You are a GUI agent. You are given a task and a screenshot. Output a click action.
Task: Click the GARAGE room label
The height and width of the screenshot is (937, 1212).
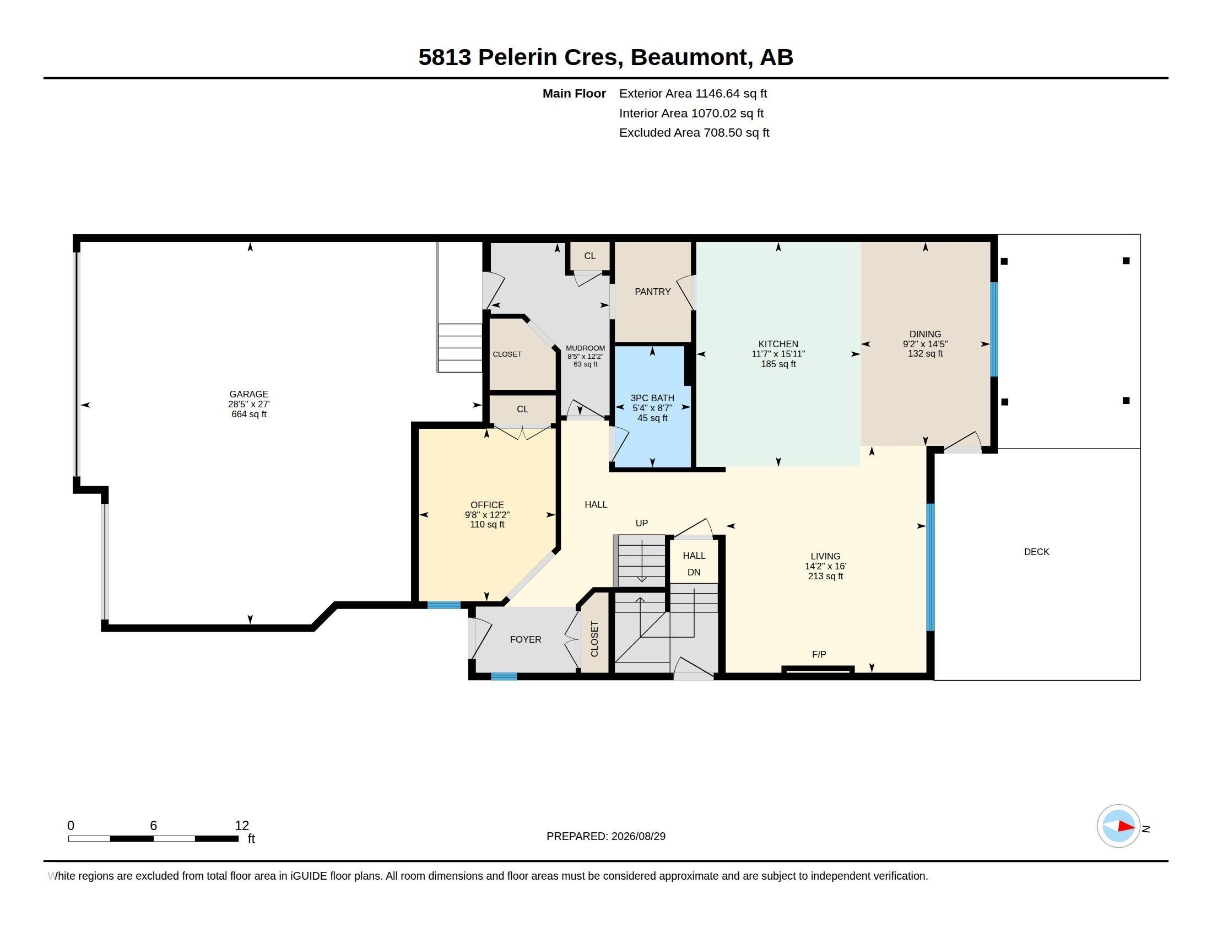[x=248, y=394]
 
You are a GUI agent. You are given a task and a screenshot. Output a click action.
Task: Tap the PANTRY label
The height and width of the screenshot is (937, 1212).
[x=653, y=292]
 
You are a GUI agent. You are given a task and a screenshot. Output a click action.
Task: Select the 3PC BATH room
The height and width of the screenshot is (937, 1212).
[x=653, y=407]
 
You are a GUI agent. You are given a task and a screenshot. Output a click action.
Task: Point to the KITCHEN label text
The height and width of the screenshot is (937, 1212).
[x=778, y=344]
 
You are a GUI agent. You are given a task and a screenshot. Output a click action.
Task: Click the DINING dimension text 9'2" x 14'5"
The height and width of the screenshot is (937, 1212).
[x=925, y=343]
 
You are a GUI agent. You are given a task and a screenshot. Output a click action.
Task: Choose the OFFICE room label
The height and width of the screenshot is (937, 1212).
[x=487, y=504]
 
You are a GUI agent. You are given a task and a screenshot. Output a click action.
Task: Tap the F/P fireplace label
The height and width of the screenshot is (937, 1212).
[x=819, y=654]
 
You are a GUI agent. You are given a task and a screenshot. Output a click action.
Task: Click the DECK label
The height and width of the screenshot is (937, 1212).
[x=1037, y=552]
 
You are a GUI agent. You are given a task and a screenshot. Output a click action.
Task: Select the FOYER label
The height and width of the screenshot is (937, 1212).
[x=526, y=639]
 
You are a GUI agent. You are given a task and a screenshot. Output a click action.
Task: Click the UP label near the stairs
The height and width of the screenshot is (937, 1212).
[x=641, y=523]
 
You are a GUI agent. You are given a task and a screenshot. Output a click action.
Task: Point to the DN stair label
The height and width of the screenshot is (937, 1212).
[x=694, y=572]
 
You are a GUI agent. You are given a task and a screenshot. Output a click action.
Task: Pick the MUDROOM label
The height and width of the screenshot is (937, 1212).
[x=586, y=348]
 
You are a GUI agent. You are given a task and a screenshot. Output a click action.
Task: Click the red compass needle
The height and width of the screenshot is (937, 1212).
[x=1126, y=826]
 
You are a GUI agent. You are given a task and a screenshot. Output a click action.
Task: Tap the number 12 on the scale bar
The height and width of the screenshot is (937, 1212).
[x=242, y=826]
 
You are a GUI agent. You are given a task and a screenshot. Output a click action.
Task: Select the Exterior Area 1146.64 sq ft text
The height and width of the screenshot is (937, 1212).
[x=693, y=93]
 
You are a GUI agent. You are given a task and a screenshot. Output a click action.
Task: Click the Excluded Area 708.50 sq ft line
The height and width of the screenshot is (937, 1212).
[x=694, y=133]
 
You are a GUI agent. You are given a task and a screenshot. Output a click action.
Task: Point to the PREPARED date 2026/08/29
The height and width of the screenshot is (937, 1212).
[x=638, y=836]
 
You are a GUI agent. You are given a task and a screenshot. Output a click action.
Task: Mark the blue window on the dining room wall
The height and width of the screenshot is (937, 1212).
[x=994, y=330]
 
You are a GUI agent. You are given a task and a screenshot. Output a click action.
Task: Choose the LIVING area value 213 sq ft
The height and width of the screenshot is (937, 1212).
[x=825, y=576]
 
